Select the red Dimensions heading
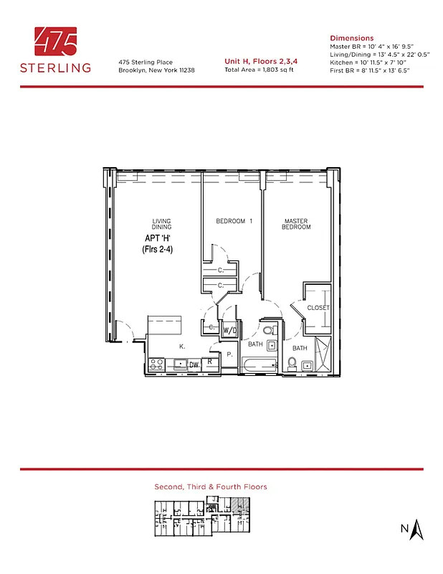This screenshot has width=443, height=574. pyautogui.click(x=351, y=38)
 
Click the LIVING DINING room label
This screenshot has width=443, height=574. pyautogui.click(x=161, y=224)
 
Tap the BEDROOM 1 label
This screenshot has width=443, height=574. pyautogui.click(x=234, y=221)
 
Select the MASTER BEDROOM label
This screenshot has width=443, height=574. pyautogui.click(x=297, y=224)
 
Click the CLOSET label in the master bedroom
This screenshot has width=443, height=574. pyautogui.click(x=318, y=308)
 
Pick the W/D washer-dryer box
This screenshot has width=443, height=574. pyautogui.click(x=230, y=331)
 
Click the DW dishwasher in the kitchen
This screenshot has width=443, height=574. pyautogui.click(x=194, y=365)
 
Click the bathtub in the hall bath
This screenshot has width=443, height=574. pyautogui.click(x=255, y=366)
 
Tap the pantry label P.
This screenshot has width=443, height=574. pyautogui.click(x=229, y=354)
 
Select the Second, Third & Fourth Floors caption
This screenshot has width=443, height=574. pyautogui.click(x=211, y=486)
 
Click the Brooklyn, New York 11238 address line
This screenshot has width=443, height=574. pyautogui.click(x=156, y=70)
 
